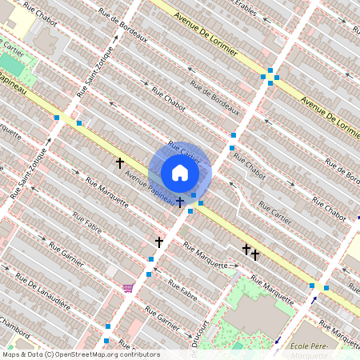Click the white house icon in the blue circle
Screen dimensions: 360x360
(x=180, y=173)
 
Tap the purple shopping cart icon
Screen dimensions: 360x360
(x=127, y=288)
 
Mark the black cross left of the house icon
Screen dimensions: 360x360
(x=120, y=163)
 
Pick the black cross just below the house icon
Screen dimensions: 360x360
(x=181, y=202)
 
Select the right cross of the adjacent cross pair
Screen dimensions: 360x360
(x=255, y=255)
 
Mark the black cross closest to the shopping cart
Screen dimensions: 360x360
(x=158, y=242)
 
